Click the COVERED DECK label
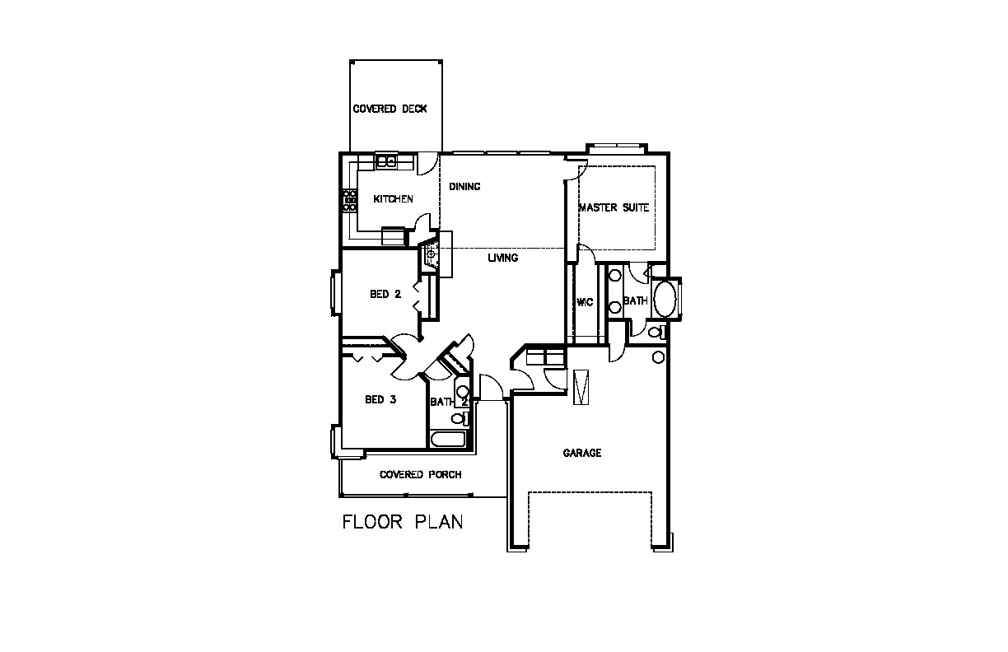click(390, 109)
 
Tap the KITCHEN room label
click(393, 199)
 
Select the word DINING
click(464, 186)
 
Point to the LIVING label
click(503, 258)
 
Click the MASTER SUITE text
click(614, 207)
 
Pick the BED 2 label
click(385, 294)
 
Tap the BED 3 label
click(380, 399)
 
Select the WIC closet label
click(585, 302)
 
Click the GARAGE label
click(582, 453)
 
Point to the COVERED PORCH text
click(420, 475)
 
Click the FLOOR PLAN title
click(403, 522)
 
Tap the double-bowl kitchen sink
click(386, 161)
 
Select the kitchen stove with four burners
click(350, 201)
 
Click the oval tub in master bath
click(665, 299)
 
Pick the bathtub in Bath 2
click(448, 440)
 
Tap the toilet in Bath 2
click(460, 419)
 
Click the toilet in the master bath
click(656, 333)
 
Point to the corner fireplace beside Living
click(430, 254)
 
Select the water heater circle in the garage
click(658, 358)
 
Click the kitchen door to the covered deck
click(425, 164)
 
